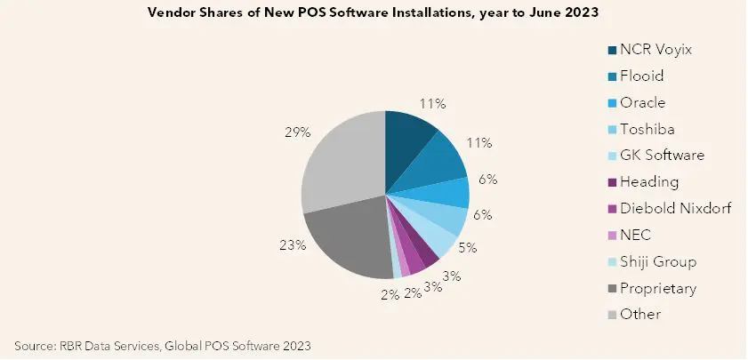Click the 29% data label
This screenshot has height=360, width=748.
[x=298, y=133]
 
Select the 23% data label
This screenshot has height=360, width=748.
[x=293, y=245]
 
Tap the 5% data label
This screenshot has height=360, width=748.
[x=467, y=248]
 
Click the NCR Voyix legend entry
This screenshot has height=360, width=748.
[x=650, y=50]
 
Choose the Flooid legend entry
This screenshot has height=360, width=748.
[x=636, y=76]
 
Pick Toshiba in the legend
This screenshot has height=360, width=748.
[x=641, y=129]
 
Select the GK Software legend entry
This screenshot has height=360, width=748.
[x=656, y=156]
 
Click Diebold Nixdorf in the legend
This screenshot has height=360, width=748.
[x=670, y=208]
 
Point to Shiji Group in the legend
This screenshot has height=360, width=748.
[x=652, y=261]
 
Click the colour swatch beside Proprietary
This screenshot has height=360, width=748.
[x=612, y=289]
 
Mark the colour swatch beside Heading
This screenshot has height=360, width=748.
[x=612, y=182]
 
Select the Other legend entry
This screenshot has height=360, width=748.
[x=634, y=315]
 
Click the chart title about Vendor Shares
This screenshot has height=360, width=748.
[x=373, y=12]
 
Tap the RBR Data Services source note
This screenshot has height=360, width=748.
[x=163, y=346]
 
